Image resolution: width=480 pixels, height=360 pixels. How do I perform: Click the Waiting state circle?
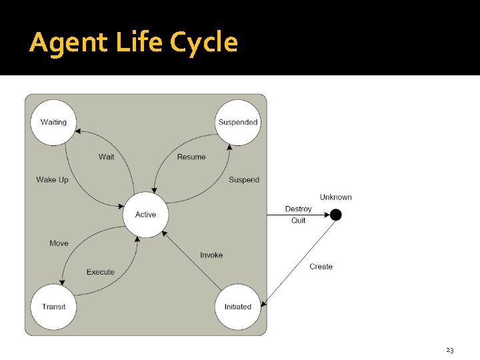53,122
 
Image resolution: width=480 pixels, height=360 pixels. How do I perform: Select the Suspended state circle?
238,122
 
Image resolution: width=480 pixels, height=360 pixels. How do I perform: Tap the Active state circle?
145,214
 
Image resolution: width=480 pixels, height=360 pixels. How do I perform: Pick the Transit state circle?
53,307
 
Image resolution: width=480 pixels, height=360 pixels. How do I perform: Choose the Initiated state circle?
238,307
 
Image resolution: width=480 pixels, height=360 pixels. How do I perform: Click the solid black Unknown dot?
336,215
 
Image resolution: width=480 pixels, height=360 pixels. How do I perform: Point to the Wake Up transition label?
52,180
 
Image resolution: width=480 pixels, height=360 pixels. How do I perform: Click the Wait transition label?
106,157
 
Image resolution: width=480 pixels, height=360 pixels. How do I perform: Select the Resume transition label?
191,157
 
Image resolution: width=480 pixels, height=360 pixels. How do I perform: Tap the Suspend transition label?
244,180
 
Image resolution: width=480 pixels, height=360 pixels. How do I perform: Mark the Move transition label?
59,243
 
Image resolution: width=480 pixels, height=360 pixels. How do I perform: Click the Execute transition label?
101,272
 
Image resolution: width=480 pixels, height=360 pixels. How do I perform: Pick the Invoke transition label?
211,255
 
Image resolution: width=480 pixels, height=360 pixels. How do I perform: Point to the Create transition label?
321,267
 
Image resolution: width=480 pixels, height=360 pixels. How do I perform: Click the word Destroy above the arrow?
298,209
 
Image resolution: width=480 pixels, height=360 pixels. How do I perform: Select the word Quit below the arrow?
299,221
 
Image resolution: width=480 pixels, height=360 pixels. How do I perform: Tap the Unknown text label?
336,197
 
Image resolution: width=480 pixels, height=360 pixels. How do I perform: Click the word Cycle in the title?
204,43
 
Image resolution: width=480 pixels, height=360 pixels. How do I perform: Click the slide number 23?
449,350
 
